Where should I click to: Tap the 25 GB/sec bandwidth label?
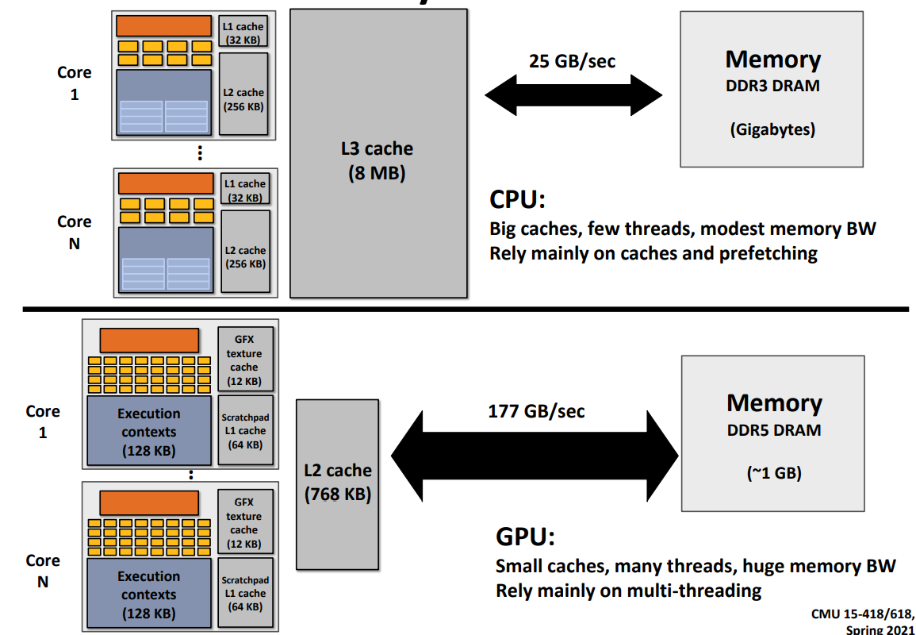(572, 61)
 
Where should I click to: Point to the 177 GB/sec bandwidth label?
(536, 411)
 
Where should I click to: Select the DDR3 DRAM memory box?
(772, 89)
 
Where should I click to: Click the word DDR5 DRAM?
(773, 431)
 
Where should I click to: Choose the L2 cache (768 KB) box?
(338, 483)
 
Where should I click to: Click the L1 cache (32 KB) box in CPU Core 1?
(243, 33)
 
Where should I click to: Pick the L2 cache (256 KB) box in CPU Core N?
(245, 250)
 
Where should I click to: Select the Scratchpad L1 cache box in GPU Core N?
(245, 593)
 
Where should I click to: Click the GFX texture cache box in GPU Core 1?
(244, 359)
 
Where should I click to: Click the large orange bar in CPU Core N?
(166, 183)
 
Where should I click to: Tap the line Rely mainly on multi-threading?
(628, 591)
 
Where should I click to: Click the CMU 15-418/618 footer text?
(863, 614)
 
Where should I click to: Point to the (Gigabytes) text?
(772, 129)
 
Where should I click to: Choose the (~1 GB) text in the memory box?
(773, 473)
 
